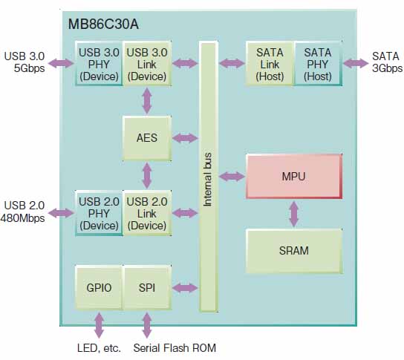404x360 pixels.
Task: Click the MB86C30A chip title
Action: pos(103,24)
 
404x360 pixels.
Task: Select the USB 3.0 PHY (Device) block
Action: pos(99,64)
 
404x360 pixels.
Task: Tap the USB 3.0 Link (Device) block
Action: pos(147,64)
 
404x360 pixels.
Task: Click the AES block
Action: pos(147,138)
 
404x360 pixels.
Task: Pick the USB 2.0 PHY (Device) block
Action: pos(99,213)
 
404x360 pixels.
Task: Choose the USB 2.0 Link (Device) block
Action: pos(147,213)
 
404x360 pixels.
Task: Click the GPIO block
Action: pos(99,288)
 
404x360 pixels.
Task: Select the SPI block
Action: pos(147,288)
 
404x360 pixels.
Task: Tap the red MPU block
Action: pos(294,177)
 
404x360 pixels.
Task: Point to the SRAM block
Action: pos(294,251)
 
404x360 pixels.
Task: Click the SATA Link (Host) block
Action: pos(270,64)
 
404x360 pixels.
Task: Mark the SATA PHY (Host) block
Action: pos(318,64)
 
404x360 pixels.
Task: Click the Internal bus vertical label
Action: pos(208,180)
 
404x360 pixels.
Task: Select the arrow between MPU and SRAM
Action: pos(294,214)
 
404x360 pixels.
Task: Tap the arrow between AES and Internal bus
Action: pos(185,138)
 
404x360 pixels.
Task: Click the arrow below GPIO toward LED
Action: pos(100,324)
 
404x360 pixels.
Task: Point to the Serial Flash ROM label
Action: pos(175,348)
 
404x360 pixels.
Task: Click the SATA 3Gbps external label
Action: pos(387,62)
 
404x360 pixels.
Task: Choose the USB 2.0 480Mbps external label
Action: pos(23,212)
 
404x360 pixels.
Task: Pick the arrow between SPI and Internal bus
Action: pos(185,288)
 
